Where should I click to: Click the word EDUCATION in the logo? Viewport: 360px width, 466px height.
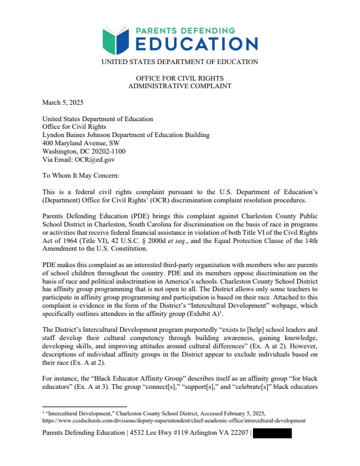coord(196,44)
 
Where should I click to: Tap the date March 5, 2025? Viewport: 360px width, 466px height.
coord(63,102)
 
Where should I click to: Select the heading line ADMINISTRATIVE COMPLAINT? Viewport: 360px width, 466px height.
coord(179,86)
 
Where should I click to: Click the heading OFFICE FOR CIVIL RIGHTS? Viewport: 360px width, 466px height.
coord(179,78)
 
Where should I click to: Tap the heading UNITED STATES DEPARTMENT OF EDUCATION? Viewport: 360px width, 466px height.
coord(179,62)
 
